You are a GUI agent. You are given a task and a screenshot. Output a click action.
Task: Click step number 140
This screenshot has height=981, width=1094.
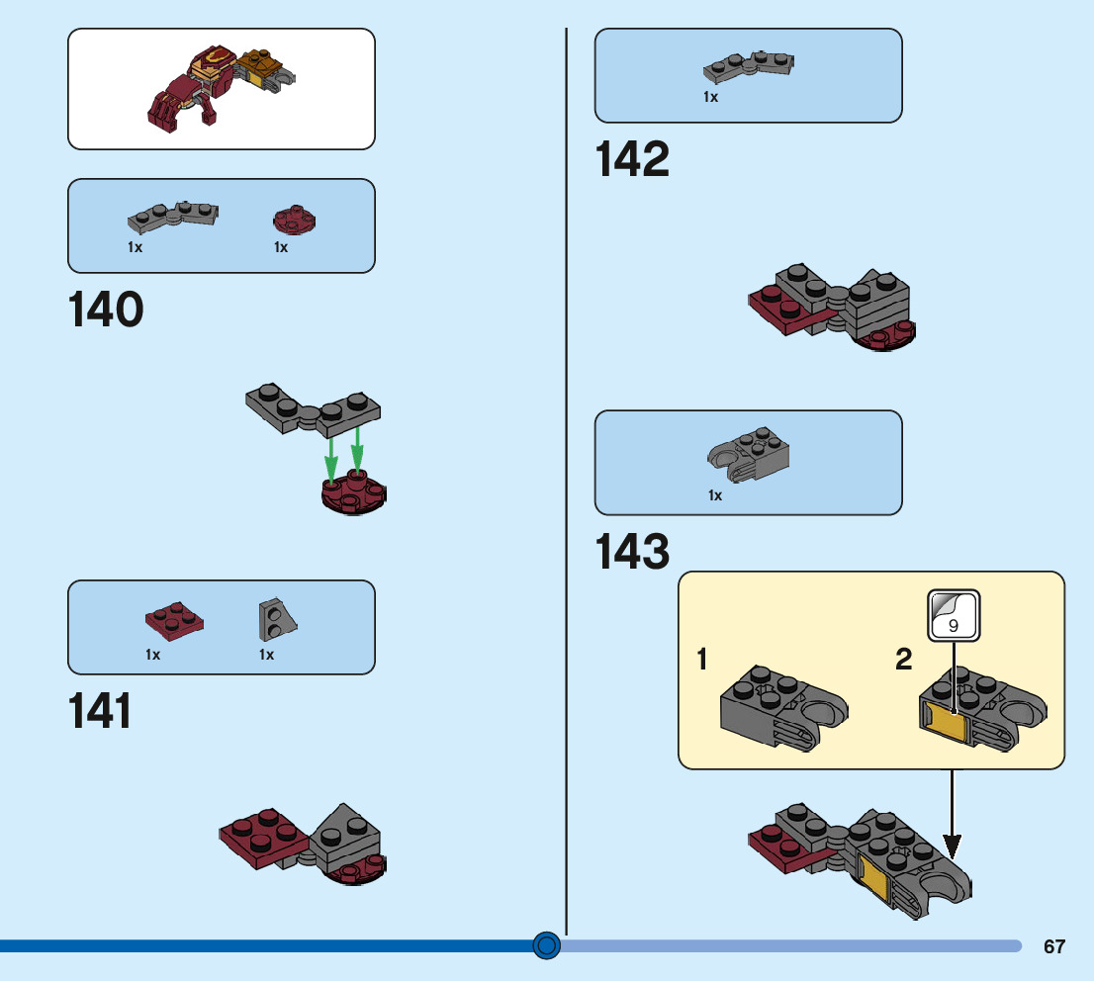[106, 311]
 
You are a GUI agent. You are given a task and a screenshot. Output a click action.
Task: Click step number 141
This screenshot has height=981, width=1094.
[100, 711]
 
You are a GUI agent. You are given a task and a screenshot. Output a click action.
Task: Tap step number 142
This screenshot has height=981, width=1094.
[632, 160]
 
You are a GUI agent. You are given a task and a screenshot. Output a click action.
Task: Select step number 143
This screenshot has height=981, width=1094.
[632, 552]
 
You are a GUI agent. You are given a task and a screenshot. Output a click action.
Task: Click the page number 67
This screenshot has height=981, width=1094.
[1054, 946]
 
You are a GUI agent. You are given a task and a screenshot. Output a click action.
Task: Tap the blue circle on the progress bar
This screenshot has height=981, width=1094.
[546, 945]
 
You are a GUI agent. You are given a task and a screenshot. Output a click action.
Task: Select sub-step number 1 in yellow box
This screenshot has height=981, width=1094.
[702, 660]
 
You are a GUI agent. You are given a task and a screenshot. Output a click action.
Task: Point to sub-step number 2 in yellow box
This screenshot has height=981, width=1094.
[903, 660]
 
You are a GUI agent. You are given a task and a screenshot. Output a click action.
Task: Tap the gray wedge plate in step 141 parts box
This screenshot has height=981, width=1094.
[278, 620]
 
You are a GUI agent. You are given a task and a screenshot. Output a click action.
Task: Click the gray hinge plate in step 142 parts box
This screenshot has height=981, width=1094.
[749, 66]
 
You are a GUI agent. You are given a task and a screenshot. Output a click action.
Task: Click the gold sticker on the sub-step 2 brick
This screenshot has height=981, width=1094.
[946, 725]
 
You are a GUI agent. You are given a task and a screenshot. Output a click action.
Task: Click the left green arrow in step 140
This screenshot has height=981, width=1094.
[332, 458]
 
